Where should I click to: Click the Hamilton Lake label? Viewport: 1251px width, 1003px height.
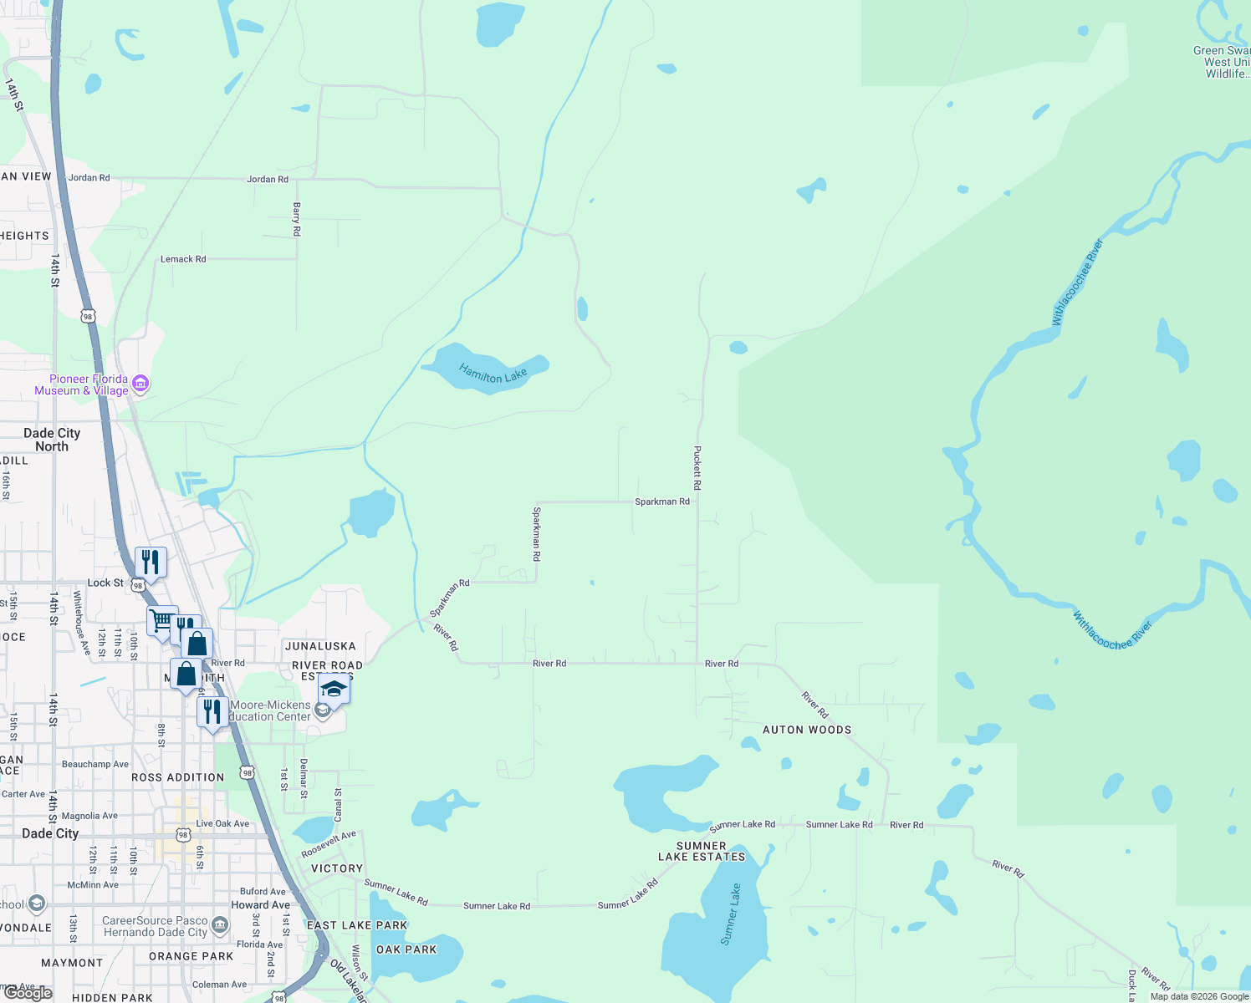pos(493,373)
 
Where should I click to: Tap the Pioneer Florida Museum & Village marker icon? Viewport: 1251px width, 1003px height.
pos(140,384)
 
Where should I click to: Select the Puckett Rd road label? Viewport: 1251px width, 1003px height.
pos(697,467)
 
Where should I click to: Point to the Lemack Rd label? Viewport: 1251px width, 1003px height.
pos(183,259)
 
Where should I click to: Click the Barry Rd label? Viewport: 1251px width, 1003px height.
pos(296,219)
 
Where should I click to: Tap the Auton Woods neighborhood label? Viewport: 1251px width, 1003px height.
pos(806,730)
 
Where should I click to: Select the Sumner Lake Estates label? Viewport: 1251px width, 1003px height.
pos(701,851)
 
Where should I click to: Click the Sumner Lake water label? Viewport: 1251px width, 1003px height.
pos(730,914)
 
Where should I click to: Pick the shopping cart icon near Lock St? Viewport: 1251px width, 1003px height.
pos(161,620)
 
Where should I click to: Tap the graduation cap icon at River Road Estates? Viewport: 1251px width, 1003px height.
pos(333,690)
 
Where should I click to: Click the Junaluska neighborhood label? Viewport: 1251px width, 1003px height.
pos(320,646)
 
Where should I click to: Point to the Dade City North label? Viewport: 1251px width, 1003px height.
pos(52,440)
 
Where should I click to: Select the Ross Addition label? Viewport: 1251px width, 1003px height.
pos(178,777)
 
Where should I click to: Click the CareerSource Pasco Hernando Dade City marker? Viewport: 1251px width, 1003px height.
pos(220,924)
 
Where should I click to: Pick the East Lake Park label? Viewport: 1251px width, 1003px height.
pos(357,925)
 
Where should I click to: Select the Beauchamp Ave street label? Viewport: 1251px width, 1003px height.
pos(95,764)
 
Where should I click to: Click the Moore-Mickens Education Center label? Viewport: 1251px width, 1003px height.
pos(269,710)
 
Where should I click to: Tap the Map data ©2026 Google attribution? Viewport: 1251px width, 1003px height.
pos(1199,996)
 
